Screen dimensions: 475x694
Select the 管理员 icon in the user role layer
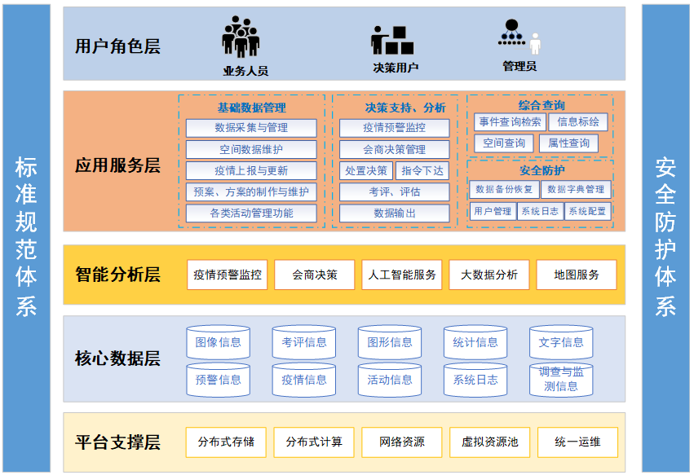point(519,37)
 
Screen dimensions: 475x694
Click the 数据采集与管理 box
point(251,128)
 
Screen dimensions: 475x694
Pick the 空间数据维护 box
point(251,150)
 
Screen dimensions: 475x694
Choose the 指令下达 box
point(422,170)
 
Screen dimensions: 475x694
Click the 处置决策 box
point(366,170)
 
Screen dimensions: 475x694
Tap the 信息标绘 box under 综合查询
point(578,122)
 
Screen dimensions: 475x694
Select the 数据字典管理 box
point(576,189)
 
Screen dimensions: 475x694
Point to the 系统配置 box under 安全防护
point(587,211)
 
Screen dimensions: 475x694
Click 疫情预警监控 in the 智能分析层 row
point(228,275)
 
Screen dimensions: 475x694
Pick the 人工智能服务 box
point(402,275)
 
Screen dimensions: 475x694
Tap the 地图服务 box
point(577,275)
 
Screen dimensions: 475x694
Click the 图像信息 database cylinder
point(219,343)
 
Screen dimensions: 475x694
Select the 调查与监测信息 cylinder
point(561,380)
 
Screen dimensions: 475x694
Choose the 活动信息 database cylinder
point(390,380)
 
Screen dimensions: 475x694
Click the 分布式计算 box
point(314,442)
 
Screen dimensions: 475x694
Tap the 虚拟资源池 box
point(489,442)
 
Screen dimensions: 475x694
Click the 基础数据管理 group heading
point(251,108)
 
